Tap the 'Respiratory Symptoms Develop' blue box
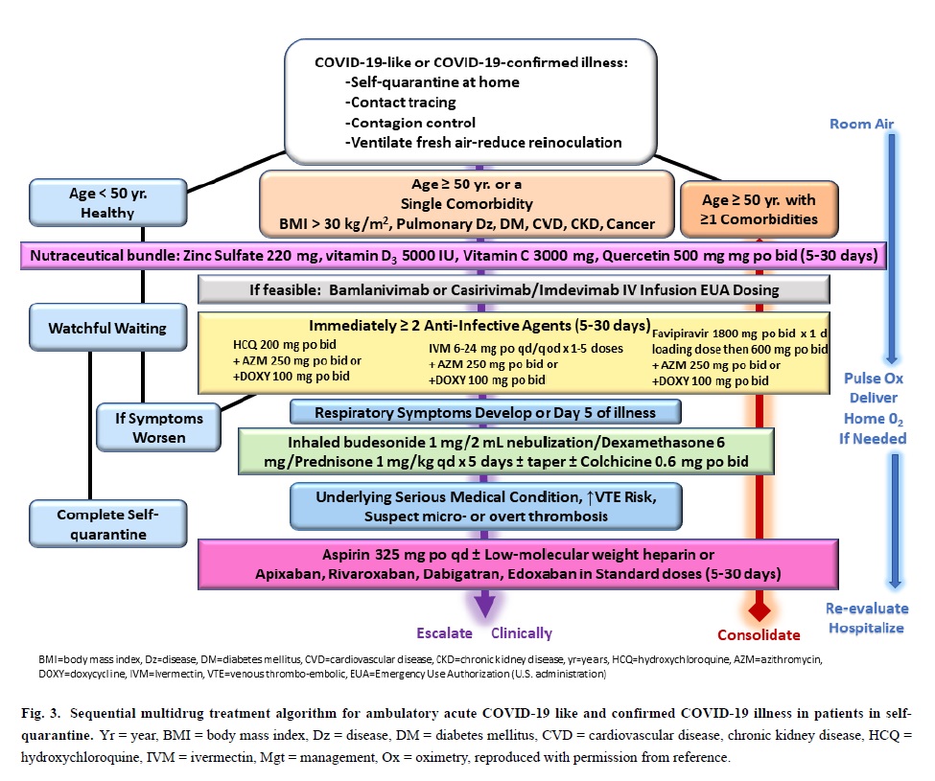coord(485,412)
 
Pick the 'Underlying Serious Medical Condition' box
coord(485,506)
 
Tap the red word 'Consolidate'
coord(759,634)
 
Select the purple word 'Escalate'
coord(444,632)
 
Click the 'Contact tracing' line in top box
coord(403,102)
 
